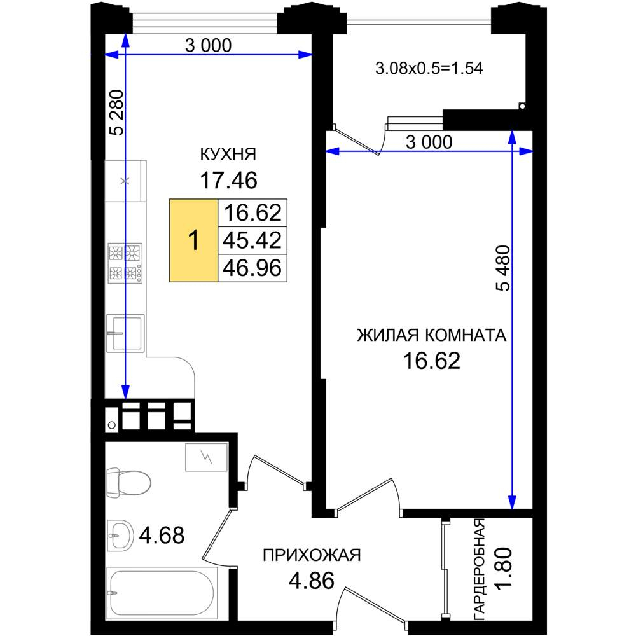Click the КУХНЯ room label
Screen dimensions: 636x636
[x=228, y=154]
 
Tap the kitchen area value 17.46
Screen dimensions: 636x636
[x=228, y=180]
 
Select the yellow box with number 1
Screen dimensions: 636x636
[x=194, y=240]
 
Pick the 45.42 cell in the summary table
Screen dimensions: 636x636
[x=252, y=240]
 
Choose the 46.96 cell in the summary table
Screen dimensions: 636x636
[x=252, y=268]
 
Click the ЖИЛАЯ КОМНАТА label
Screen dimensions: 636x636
[x=432, y=335]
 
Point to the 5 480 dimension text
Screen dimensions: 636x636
[x=503, y=268]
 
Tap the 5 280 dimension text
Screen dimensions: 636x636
[x=117, y=113]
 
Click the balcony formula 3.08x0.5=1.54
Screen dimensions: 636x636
[x=429, y=68]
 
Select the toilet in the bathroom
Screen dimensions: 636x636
[x=128, y=482]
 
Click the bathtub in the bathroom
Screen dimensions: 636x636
[x=162, y=593]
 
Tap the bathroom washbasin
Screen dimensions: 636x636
[x=120, y=536]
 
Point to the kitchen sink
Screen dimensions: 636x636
[x=125, y=333]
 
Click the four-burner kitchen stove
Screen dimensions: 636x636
[x=125, y=263]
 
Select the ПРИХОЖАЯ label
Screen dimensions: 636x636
[x=312, y=555]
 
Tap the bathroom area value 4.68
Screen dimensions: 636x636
[x=162, y=536]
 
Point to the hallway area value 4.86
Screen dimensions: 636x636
[x=312, y=581]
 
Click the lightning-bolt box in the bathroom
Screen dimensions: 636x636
[x=206, y=457]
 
